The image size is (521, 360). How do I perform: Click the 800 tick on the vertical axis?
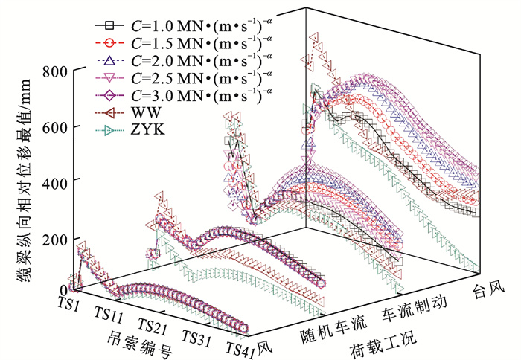[x=55, y=72]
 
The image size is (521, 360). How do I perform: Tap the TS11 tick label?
[x=110, y=315]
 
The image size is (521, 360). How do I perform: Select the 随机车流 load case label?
[x=336, y=324]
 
